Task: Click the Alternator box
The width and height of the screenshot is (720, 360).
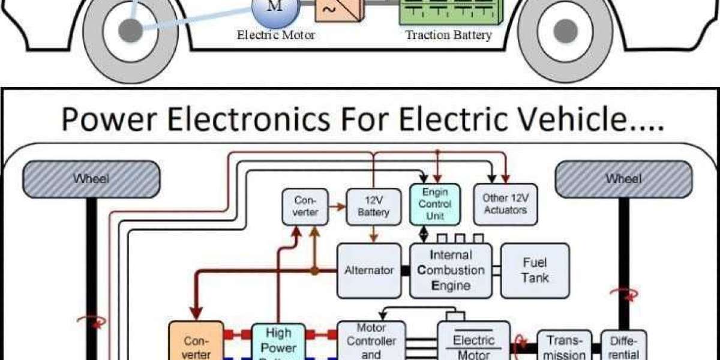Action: pos(368,271)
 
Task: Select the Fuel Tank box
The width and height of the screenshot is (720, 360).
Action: pos(535,271)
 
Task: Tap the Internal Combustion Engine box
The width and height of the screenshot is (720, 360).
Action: pos(451,271)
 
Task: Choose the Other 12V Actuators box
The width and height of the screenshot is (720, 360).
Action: pos(505,204)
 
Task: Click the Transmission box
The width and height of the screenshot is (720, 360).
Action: pos(564,346)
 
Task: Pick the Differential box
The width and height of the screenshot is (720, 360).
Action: pos(623,346)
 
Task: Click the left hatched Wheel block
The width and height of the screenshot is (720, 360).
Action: pos(91,179)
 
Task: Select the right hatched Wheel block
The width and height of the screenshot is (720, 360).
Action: pos(623,179)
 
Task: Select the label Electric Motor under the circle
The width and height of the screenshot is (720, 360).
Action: pos(276,35)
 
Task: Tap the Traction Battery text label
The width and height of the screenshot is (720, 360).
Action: pos(448,35)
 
